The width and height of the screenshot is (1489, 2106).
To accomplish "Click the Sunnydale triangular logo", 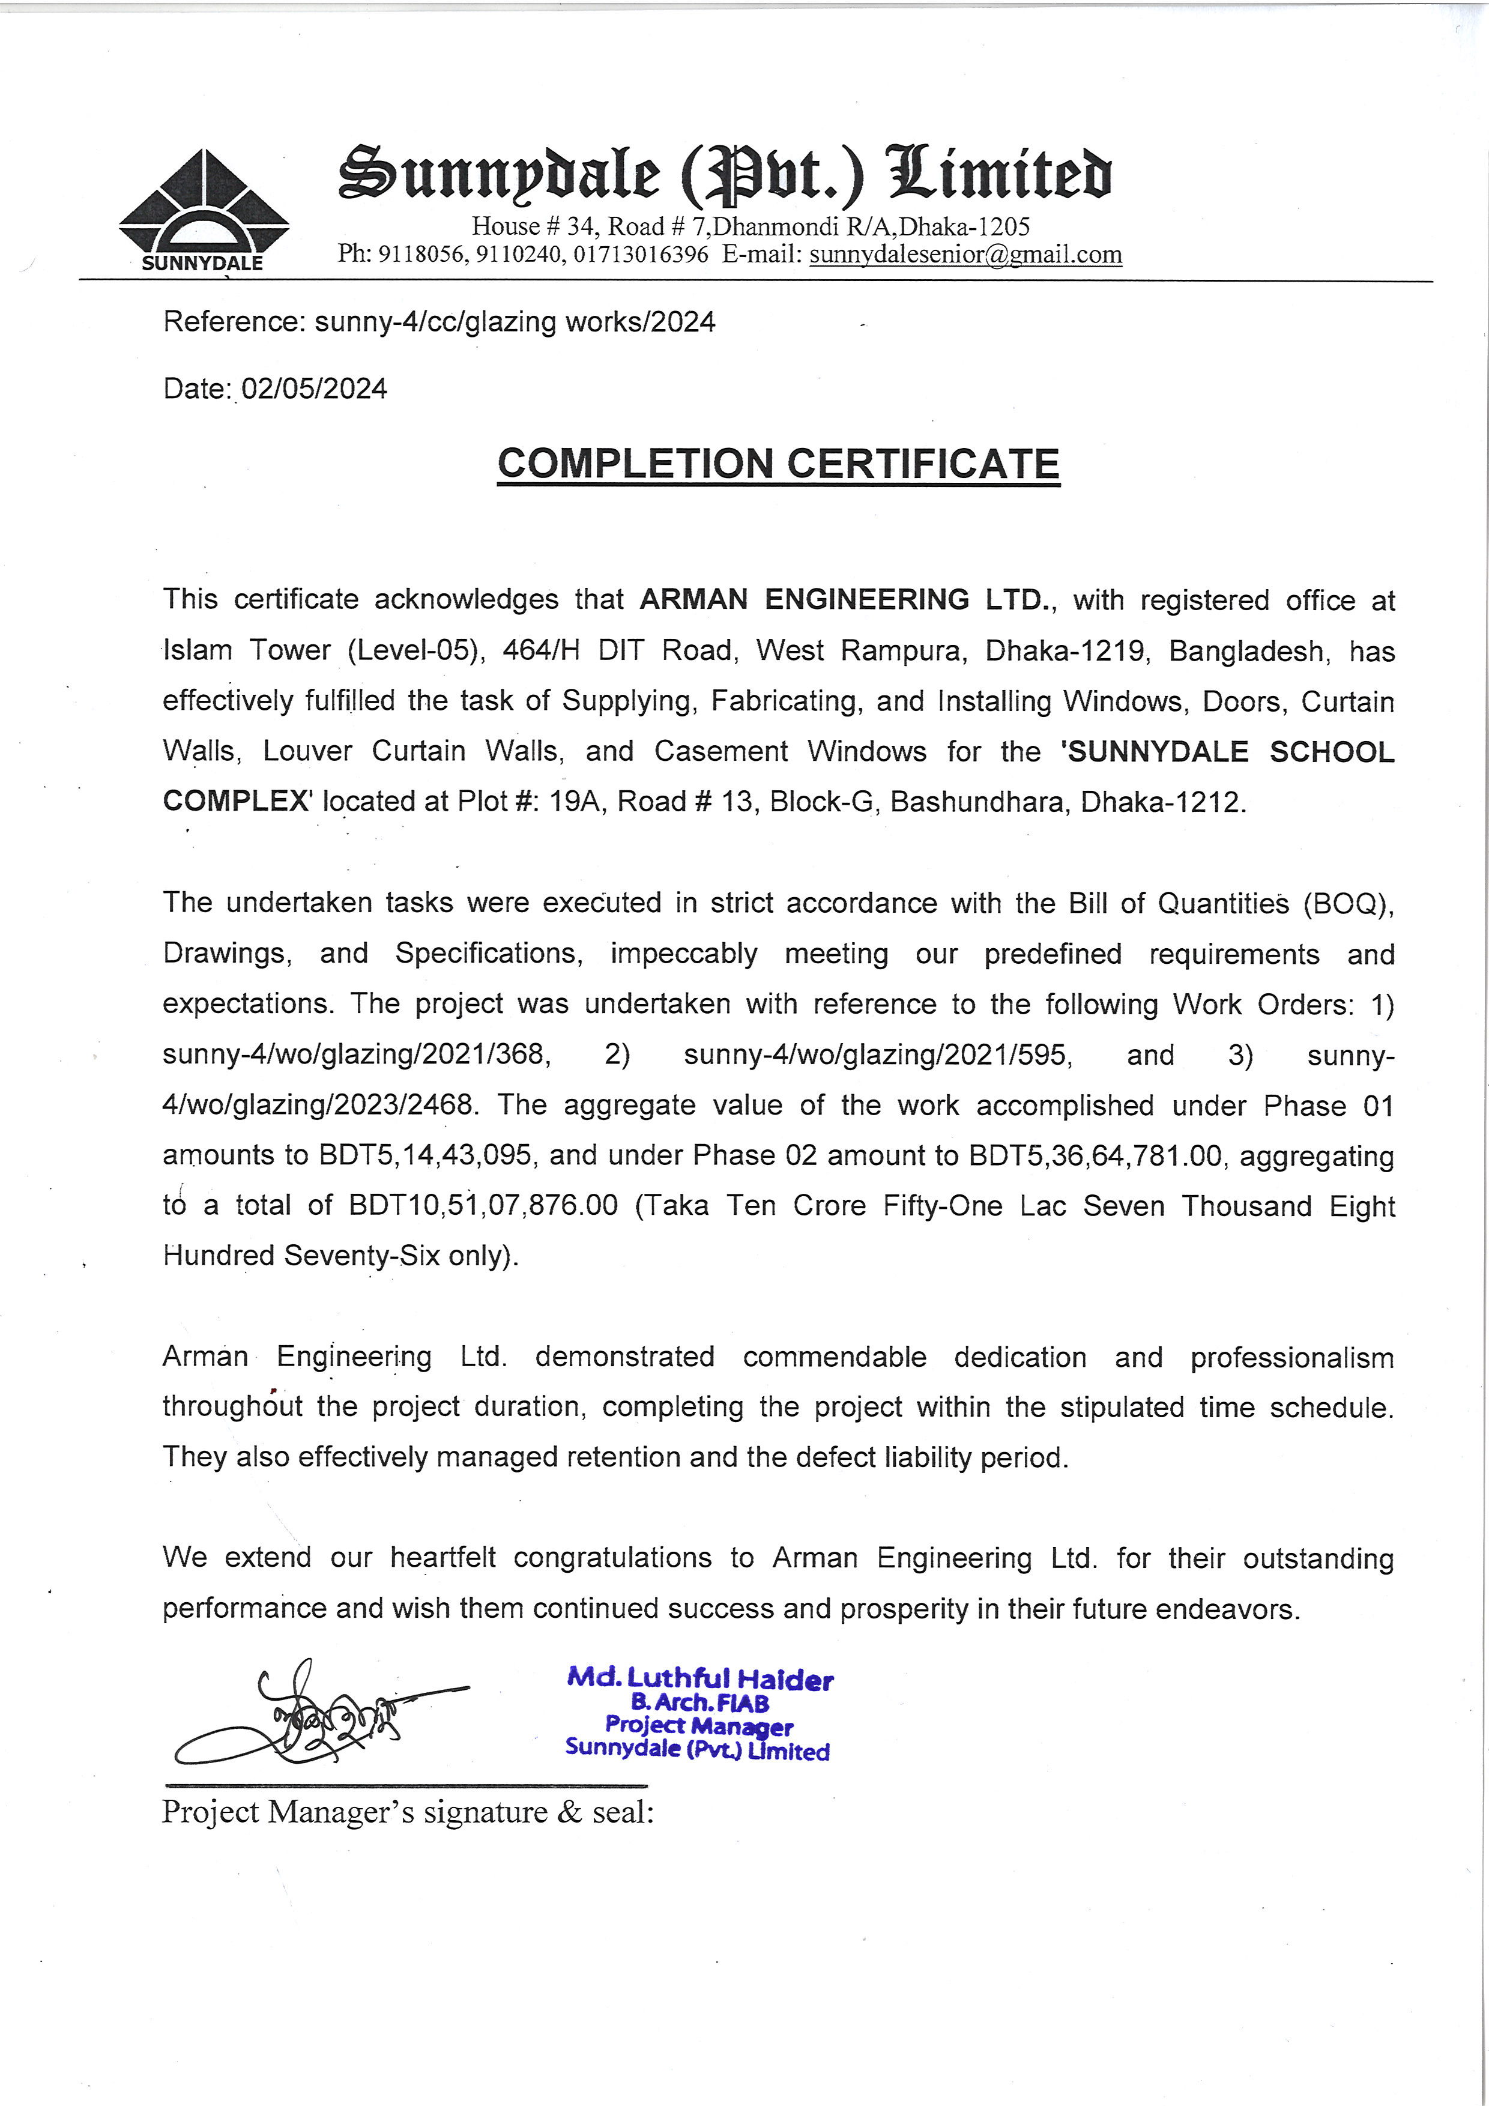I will (x=204, y=207).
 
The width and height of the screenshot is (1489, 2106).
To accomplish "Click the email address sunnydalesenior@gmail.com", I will (x=965, y=254).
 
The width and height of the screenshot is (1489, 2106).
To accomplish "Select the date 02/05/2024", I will (x=313, y=389).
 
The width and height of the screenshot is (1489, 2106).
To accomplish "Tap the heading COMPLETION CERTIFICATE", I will (x=779, y=464).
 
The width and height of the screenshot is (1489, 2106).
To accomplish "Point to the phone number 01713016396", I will (x=641, y=254).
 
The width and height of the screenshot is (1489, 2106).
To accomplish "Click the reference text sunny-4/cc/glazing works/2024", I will (x=515, y=322).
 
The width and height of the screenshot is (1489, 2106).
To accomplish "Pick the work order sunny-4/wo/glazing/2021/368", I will (x=357, y=1055).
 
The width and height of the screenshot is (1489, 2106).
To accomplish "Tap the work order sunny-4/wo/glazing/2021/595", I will (x=877, y=1055).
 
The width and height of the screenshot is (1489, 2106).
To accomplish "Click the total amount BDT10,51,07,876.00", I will (x=483, y=1205).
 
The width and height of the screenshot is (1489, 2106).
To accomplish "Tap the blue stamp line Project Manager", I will (x=699, y=1726).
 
